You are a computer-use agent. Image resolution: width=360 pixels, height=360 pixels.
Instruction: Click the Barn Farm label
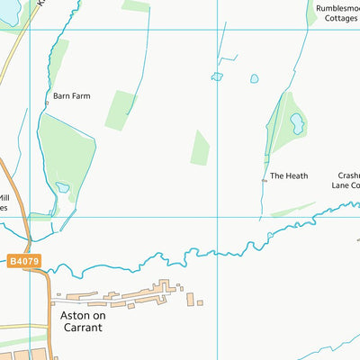point(73,93)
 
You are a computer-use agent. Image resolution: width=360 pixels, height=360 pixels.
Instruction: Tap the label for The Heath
point(289,175)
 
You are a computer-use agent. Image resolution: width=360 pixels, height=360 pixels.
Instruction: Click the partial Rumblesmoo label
point(337,9)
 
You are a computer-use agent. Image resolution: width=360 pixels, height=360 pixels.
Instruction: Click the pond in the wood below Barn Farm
point(62,188)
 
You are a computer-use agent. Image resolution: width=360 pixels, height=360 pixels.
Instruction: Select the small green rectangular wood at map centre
point(200,148)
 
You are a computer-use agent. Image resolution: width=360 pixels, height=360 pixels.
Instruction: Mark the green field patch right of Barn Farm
point(121,109)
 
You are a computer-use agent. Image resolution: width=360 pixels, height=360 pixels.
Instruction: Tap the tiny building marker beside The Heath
point(264,181)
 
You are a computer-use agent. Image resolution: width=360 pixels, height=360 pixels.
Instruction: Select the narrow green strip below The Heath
point(292,210)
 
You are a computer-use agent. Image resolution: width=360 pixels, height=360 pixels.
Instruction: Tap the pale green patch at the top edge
point(135,5)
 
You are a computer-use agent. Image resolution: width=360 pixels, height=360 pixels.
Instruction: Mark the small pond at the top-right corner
point(354,4)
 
